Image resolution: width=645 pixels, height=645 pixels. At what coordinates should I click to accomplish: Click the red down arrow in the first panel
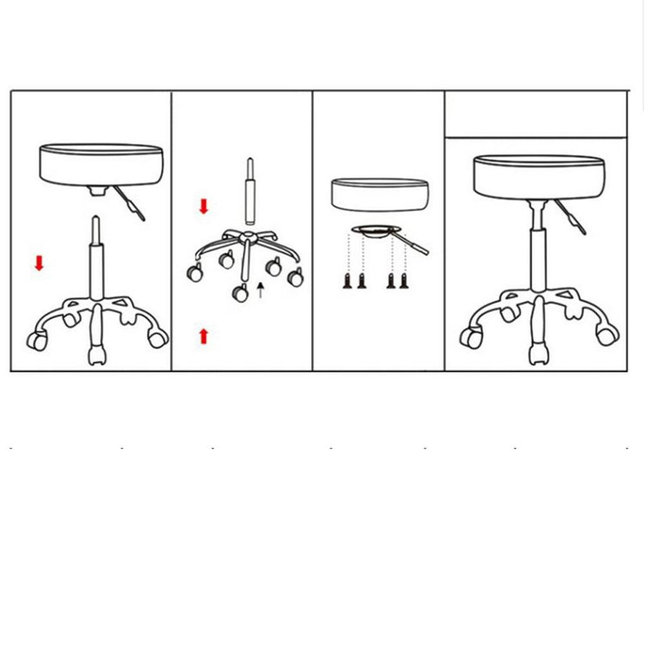click(39, 263)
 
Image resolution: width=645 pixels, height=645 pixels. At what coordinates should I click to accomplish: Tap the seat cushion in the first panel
click(101, 164)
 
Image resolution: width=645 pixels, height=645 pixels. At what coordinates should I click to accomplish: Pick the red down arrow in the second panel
click(203, 206)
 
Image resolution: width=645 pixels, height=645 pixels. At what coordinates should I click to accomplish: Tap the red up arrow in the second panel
click(203, 335)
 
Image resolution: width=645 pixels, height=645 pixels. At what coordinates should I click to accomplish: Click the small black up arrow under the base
click(260, 290)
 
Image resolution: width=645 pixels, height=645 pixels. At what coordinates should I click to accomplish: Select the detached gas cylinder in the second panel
click(250, 193)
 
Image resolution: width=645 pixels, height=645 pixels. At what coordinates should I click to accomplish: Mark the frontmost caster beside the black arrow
click(241, 294)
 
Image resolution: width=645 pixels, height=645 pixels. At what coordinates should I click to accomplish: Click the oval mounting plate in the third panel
click(376, 231)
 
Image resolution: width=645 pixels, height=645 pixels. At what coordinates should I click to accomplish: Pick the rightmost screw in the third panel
click(403, 281)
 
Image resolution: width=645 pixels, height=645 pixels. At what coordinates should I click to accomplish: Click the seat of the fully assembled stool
click(538, 173)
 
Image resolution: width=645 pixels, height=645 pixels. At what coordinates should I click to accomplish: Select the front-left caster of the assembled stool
click(469, 335)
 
